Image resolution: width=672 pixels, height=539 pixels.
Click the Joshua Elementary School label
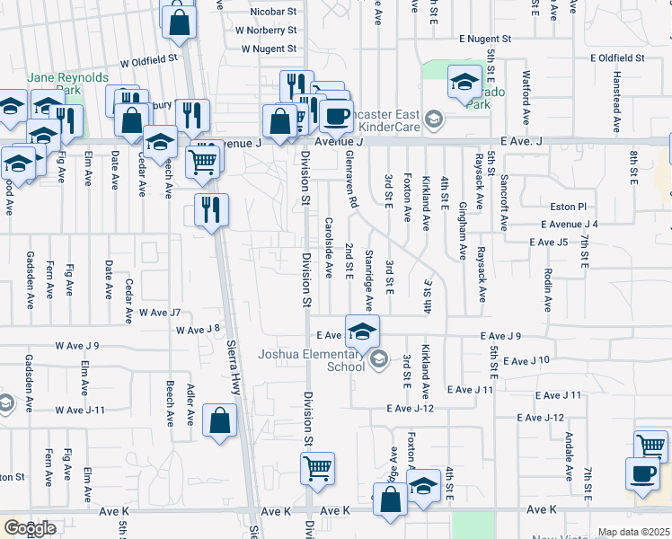[x=312, y=359]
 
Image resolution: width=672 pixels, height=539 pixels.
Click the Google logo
[x=30, y=528]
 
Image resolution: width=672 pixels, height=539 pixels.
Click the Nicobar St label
[x=273, y=12]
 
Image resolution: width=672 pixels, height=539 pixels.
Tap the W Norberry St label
[x=266, y=31]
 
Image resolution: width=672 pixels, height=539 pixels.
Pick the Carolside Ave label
[x=329, y=247]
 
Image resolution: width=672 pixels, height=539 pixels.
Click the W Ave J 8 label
[x=198, y=329]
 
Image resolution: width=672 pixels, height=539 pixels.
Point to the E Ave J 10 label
[x=526, y=360]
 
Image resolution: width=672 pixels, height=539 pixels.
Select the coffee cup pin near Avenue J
[x=337, y=115]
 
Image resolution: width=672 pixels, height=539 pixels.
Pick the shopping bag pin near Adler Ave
[x=220, y=420]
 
